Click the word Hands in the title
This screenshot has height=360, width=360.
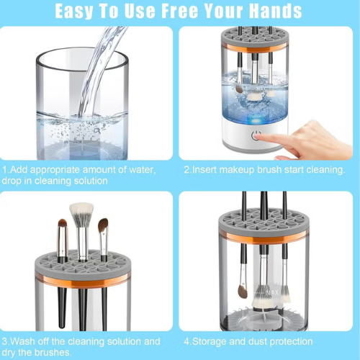pos(275,11)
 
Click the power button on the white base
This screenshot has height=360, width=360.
pos(256,135)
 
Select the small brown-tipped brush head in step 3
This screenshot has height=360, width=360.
pos(63,224)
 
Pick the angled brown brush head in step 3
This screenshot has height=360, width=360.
pos(103,225)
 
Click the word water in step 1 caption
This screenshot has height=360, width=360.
pos(143,170)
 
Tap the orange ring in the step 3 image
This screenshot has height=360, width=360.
pos(83,280)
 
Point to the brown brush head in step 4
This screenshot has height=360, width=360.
pos(243,291)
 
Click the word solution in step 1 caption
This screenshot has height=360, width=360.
pos(91,181)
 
